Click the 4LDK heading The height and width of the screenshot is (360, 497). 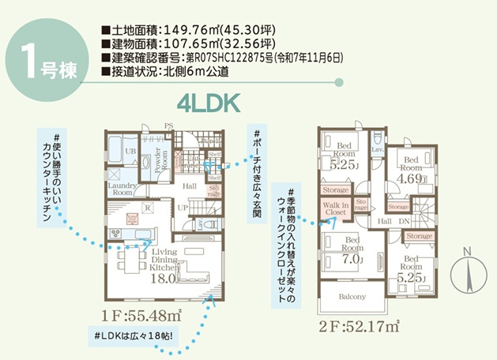pyautogui.click(x=208, y=102)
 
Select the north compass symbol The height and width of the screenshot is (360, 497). pyautogui.click(x=467, y=273)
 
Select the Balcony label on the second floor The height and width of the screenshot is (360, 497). pyautogui.click(x=352, y=297)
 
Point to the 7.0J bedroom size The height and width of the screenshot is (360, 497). pyautogui.click(x=353, y=257)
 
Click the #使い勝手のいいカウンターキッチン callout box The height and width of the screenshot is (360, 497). pyautogui.click(x=54, y=177)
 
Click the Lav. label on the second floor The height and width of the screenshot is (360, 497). pyautogui.click(x=377, y=149)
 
